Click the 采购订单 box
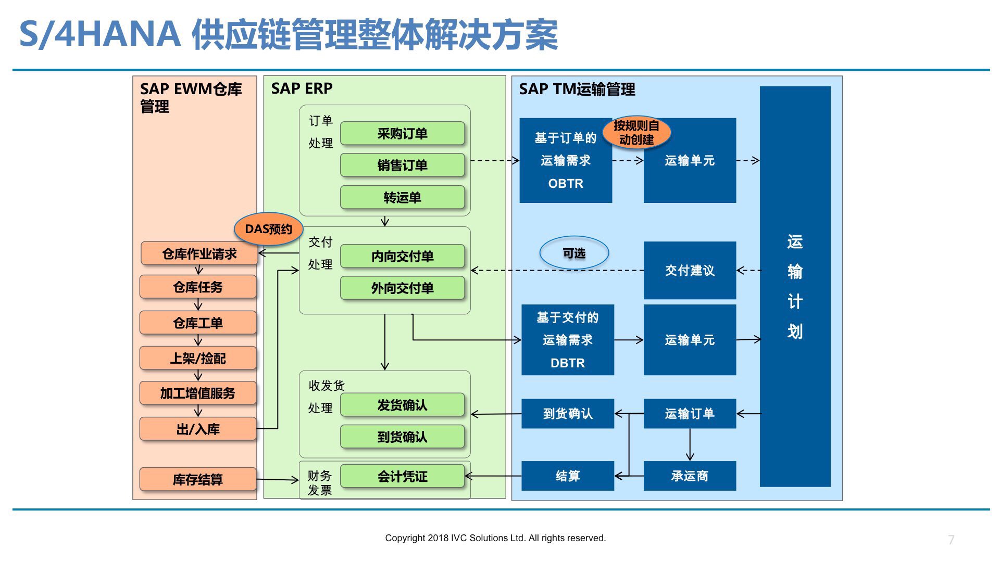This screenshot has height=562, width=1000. [402, 134]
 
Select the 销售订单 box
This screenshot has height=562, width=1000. [402, 165]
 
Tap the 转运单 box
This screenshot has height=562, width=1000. [402, 198]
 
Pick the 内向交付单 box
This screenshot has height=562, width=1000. [402, 257]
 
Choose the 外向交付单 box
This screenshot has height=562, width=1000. [402, 288]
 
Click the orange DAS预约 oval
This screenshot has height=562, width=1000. [268, 229]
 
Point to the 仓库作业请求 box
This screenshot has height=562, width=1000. [199, 254]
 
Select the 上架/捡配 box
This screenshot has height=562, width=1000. [198, 359]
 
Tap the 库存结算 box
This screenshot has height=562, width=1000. [198, 479]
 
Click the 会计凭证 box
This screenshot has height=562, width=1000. [402, 476]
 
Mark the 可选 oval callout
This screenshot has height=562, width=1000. [574, 253]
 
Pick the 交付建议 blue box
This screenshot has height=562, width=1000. [690, 271]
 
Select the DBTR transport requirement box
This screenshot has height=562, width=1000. [568, 340]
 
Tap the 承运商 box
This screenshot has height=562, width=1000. [690, 476]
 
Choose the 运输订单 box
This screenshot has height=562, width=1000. [690, 414]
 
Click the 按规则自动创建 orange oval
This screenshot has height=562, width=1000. [636, 133]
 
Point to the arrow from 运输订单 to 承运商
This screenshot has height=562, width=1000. [690, 445]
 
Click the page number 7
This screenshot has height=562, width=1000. [951, 540]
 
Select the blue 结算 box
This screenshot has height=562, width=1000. [568, 476]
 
